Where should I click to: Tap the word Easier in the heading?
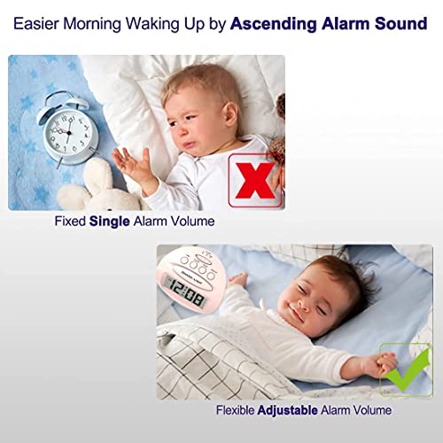click(x=40, y=24)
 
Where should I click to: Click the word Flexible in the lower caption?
click(x=237, y=411)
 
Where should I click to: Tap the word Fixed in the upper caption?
click(x=71, y=221)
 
